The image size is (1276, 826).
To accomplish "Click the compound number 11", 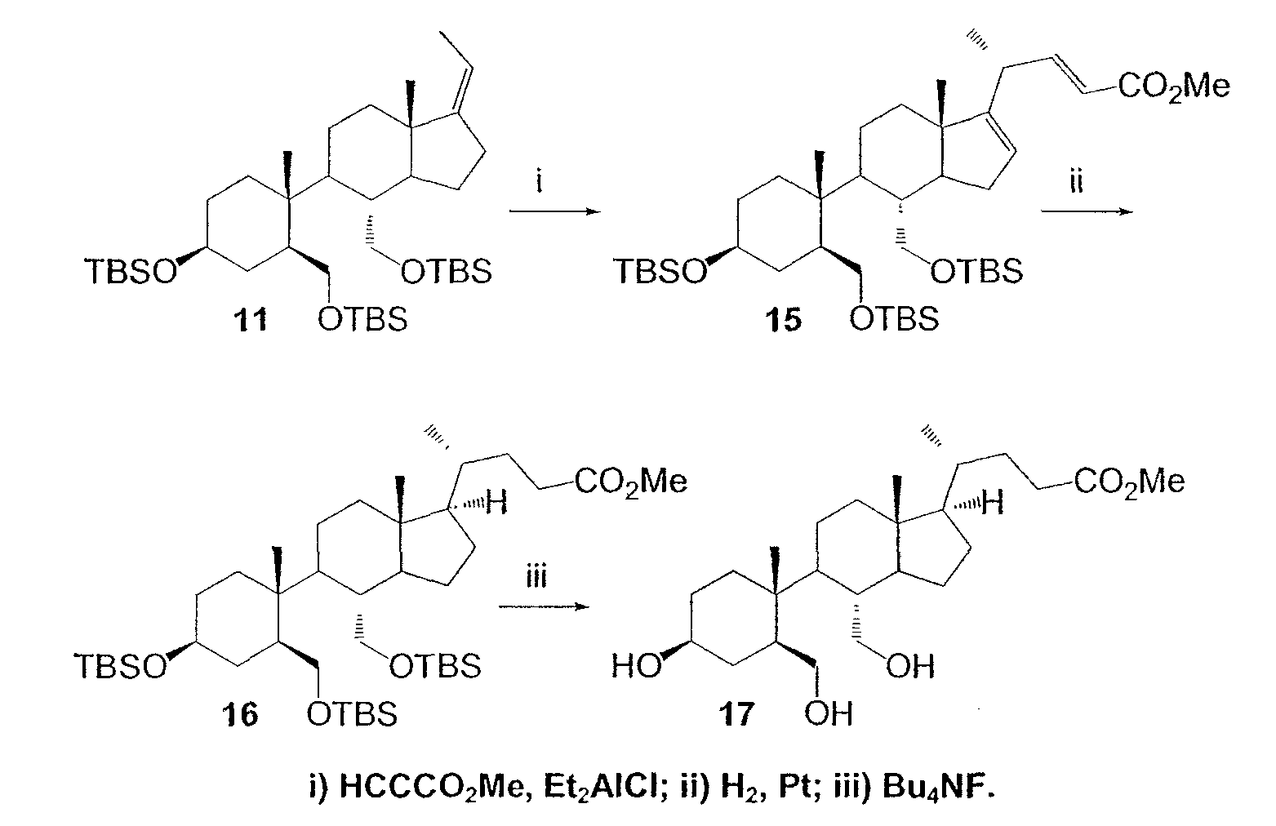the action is (250, 320).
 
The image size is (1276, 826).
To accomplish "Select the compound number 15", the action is (783, 320).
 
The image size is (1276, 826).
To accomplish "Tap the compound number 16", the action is (240, 714).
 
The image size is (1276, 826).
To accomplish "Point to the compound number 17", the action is (736, 714).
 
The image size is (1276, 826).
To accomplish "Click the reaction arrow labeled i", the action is (555, 212).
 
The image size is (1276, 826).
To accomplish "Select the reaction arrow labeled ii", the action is (1087, 212).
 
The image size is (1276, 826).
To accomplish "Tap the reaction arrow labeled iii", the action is (544, 606).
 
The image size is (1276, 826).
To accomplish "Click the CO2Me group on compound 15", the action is (1173, 87).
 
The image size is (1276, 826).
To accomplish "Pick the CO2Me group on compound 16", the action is (630, 482).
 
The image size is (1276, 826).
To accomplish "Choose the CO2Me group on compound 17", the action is (1129, 482).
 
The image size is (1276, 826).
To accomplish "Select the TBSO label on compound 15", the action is (660, 271).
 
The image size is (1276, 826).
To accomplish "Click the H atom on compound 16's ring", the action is (496, 504).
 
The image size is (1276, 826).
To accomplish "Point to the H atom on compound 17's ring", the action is (994, 504).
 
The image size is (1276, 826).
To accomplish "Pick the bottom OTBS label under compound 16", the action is (352, 714).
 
